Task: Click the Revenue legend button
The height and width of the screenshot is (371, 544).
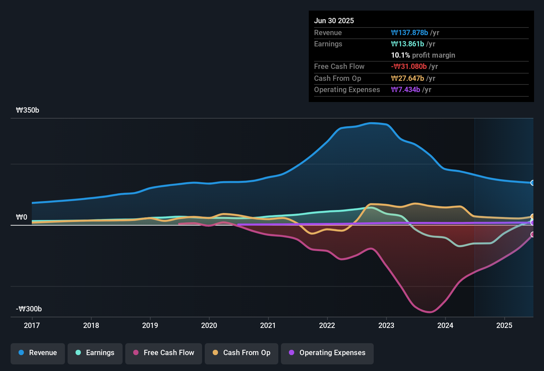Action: [38, 353]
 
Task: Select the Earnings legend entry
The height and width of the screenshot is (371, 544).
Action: [95, 353]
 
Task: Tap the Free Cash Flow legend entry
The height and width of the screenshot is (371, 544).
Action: [164, 353]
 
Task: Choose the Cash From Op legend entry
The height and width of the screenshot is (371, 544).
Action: [242, 353]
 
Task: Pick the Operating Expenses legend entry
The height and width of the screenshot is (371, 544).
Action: [327, 353]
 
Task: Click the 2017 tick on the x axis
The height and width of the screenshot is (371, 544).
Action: [32, 325]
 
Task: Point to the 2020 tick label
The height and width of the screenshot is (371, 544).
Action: [209, 325]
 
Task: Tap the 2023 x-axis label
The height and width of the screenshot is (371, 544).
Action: [386, 325]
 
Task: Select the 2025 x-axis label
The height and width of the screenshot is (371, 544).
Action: [504, 325]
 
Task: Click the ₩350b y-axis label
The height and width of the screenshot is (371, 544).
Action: [27, 110]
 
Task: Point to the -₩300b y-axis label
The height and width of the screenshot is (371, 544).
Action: [29, 309]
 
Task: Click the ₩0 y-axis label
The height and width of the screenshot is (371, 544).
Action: [22, 217]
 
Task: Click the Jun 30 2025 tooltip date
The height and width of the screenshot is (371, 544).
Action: [334, 21]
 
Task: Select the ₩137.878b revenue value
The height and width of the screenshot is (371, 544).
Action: [409, 32]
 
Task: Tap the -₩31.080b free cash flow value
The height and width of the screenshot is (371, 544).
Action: [409, 66]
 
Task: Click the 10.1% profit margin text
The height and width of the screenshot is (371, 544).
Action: [423, 55]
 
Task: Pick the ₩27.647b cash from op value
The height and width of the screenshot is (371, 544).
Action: [408, 78]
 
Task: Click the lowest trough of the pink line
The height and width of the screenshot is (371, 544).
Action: [429, 312]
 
